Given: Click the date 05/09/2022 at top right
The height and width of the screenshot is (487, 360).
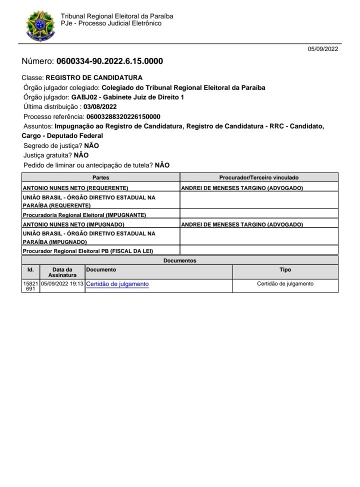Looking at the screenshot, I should pyautogui.click(x=323, y=49).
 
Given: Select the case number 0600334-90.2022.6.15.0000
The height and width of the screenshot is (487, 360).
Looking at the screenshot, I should pyautogui.click(x=109, y=61).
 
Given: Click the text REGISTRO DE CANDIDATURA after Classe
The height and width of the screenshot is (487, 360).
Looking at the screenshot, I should pyautogui.click(x=94, y=77).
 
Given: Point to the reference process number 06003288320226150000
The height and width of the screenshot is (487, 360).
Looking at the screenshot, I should pyautogui.click(x=123, y=116).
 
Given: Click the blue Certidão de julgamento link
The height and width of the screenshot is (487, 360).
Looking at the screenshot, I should pyautogui.click(x=117, y=284).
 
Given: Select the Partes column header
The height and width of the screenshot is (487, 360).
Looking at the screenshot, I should pyautogui.click(x=100, y=177).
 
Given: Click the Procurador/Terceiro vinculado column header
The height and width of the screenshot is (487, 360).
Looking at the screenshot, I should pyautogui.click(x=259, y=177).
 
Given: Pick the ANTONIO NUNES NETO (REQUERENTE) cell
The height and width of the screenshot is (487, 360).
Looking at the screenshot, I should pyautogui.click(x=75, y=188).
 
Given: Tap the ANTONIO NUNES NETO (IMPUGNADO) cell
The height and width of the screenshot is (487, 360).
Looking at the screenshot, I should pyautogui.click(x=74, y=224).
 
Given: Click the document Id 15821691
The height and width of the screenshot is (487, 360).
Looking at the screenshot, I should pyautogui.click(x=30, y=286).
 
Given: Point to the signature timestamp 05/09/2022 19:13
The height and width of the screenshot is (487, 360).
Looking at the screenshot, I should pyautogui.click(x=62, y=283).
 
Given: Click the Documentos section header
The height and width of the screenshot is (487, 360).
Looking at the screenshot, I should pyautogui.click(x=179, y=260).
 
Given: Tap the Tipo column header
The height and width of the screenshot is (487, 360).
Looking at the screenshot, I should pyautogui.click(x=285, y=269).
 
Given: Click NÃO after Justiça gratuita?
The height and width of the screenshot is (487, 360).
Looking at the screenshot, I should pyautogui.click(x=81, y=155).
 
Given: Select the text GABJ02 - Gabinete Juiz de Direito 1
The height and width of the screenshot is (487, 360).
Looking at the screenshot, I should pyautogui.click(x=127, y=97).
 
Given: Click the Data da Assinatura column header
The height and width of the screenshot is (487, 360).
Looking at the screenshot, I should pyautogui.click(x=62, y=272).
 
